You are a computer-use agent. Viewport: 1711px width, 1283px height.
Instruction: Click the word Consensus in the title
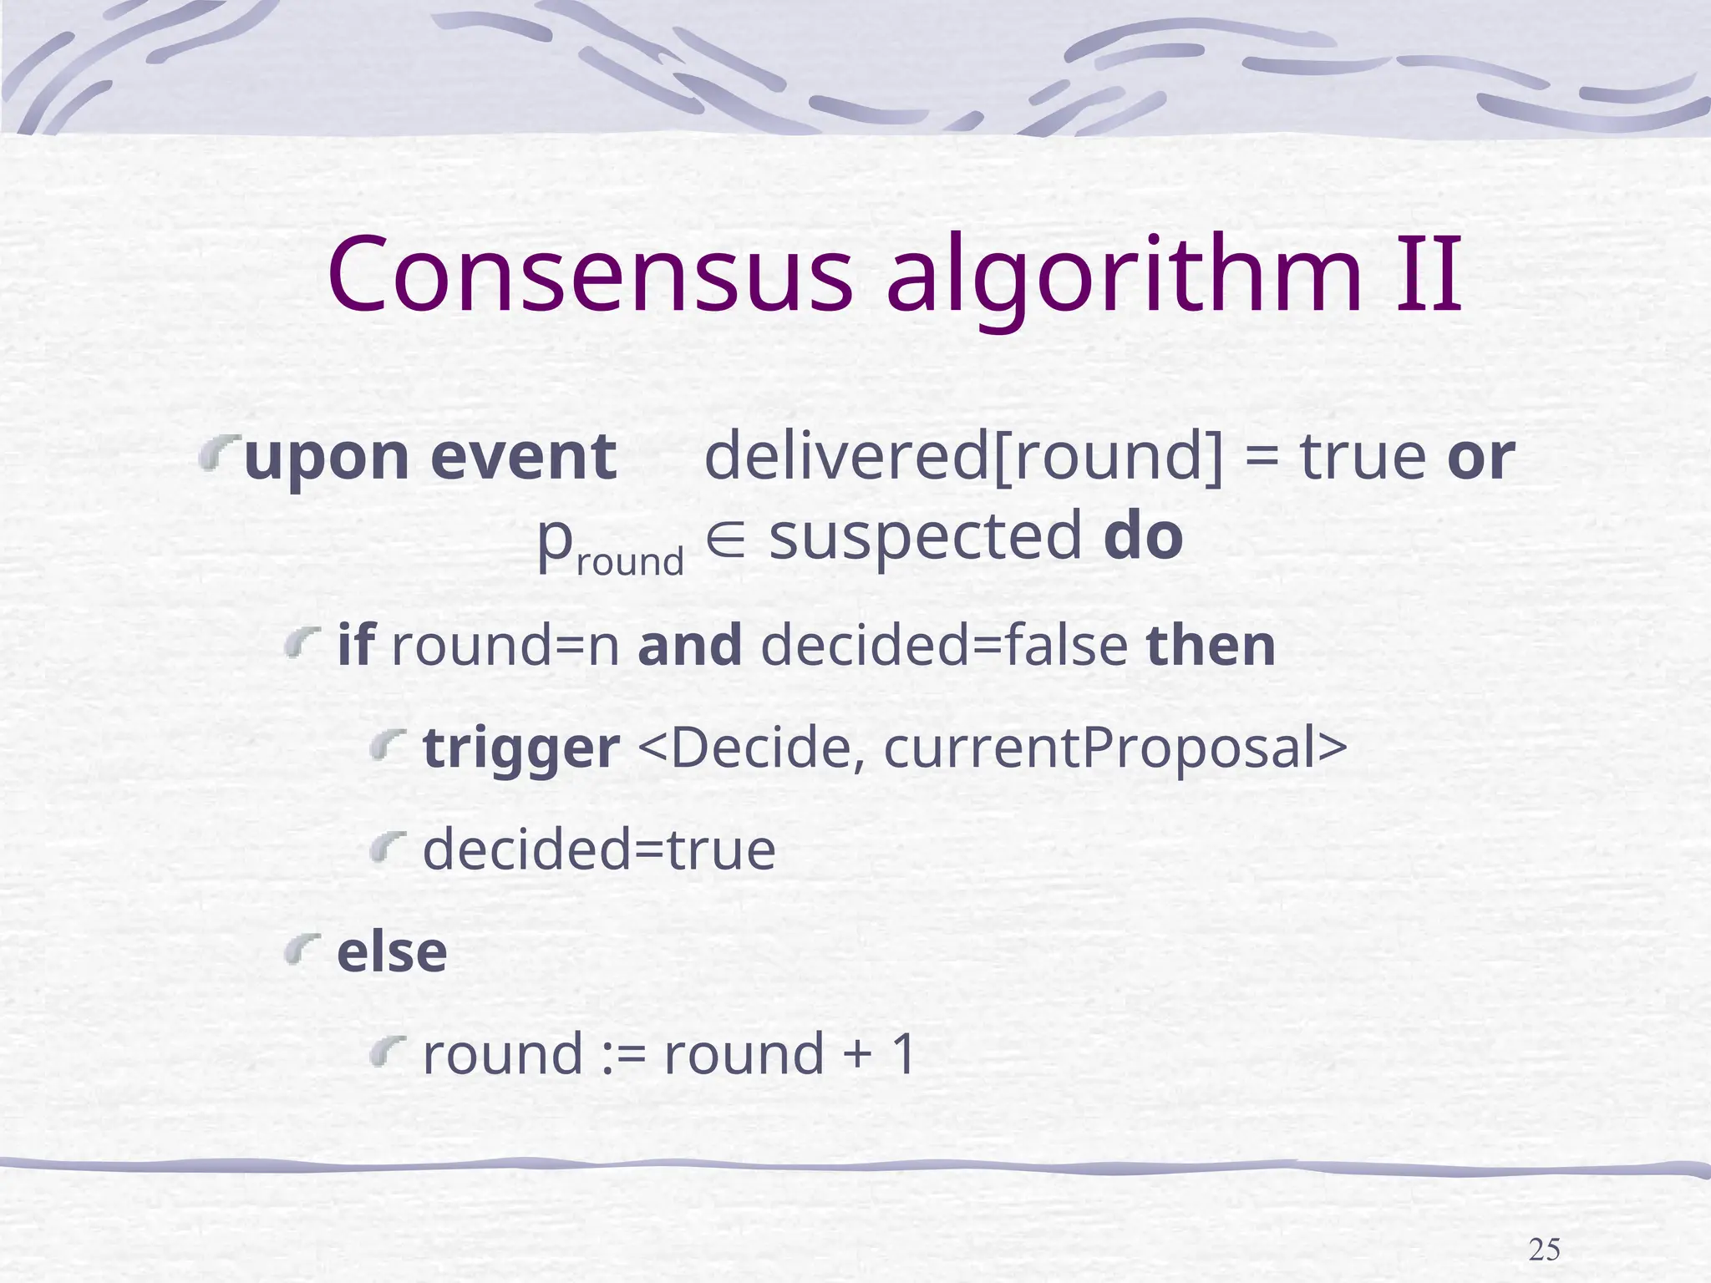pyautogui.click(x=590, y=276)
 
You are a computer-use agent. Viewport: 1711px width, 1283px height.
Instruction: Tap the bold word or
pyautogui.click(x=1480, y=458)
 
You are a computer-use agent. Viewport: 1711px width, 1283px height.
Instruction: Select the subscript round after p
pyautogui.click(x=630, y=561)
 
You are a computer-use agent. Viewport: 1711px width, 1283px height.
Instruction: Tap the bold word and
pyautogui.click(x=689, y=646)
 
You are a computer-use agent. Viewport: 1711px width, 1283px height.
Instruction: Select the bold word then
pyautogui.click(x=1211, y=646)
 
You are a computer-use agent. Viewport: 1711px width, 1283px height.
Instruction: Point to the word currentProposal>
pyautogui.click(x=1114, y=748)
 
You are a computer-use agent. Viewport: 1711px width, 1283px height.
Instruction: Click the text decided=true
pyautogui.click(x=599, y=850)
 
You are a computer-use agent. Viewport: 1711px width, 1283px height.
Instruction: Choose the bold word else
pyautogui.click(x=392, y=952)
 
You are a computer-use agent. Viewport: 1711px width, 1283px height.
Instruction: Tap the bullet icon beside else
pyautogui.click(x=302, y=950)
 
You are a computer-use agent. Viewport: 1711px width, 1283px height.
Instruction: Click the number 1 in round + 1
pyautogui.click(x=903, y=1054)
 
